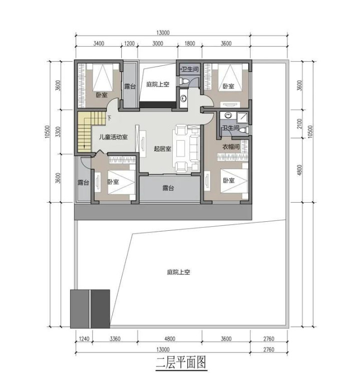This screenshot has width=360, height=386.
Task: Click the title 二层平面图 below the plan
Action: click(x=181, y=362)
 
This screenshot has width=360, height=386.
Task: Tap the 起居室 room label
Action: click(x=162, y=149)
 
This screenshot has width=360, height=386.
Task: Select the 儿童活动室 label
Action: click(x=113, y=137)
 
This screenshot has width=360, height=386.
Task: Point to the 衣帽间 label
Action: click(x=231, y=147)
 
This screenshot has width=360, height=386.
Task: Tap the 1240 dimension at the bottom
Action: click(x=84, y=339)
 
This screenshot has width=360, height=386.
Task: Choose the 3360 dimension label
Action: click(x=115, y=339)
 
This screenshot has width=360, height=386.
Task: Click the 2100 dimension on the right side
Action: click(x=299, y=124)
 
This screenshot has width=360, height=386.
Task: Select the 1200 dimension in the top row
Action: click(x=129, y=44)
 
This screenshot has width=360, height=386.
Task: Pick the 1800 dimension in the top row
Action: click(x=190, y=44)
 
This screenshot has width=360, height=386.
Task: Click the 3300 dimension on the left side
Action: click(x=58, y=132)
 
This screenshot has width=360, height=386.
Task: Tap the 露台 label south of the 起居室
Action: click(x=168, y=188)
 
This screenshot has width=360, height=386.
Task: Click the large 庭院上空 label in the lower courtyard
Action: click(x=179, y=272)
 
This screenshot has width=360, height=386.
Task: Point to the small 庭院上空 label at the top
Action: click(x=158, y=84)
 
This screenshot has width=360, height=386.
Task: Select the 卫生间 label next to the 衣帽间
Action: click(x=231, y=128)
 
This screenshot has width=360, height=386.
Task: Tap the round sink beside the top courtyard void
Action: click(x=183, y=99)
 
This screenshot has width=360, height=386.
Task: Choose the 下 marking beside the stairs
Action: click(x=109, y=118)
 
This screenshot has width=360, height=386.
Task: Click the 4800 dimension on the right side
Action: click(x=299, y=170)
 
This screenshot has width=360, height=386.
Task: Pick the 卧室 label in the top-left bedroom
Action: click(x=102, y=95)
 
